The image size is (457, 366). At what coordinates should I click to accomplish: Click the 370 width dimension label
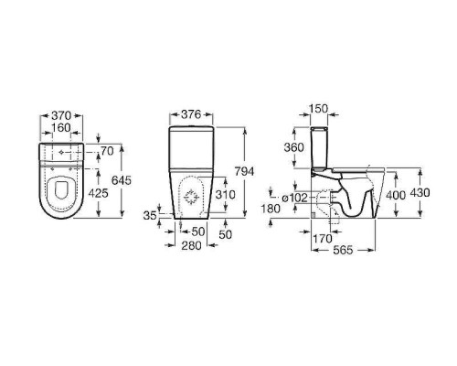pyautogui.click(x=61, y=116)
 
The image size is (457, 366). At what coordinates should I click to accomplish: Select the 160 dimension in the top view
pyautogui.click(x=61, y=128)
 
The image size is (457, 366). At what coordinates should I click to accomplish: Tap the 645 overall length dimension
pyautogui.click(x=122, y=180)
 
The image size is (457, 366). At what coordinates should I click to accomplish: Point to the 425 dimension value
pyautogui.click(x=98, y=193)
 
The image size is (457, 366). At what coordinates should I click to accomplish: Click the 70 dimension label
pyautogui.click(x=107, y=151)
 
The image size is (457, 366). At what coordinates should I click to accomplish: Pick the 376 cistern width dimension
pyautogui.click(x=191, y=114)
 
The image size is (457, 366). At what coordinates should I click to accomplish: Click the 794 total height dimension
pyautogui.click(x=244, y=172)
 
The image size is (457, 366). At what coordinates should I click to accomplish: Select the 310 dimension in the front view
pyautogui.click(x=226, y=195)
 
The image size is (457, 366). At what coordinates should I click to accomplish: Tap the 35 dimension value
pyautogui.click(x=150, y=216)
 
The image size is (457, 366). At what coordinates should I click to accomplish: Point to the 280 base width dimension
pyautogui.click(x=192, y=245)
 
